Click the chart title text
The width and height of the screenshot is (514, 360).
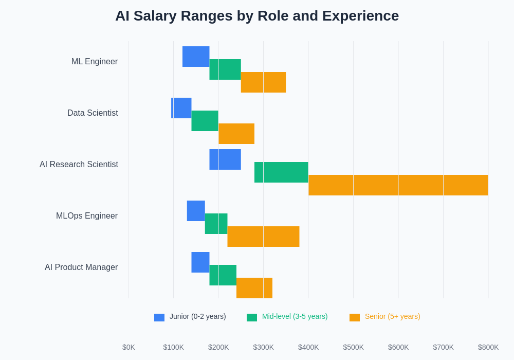[257, 16]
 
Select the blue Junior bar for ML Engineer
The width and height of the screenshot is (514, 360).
[196, 57]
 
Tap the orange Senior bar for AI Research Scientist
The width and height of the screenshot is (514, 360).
[398, 185]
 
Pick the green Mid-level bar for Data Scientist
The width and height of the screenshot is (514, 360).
[205, 121]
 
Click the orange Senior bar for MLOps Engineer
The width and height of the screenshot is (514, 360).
[263, 237]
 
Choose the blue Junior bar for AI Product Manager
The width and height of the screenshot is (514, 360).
[200, 262]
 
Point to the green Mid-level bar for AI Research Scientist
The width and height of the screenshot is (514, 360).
[281, 172]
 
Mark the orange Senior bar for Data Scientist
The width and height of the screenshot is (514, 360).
[236, 134]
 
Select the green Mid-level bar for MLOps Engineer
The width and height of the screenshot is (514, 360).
[216, 224]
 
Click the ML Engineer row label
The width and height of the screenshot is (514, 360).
[95, 62]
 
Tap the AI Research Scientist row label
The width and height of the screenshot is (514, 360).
[79, 165]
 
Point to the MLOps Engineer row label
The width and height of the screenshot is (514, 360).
[87, 216]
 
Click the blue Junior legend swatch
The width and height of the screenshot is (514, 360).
[159, 317]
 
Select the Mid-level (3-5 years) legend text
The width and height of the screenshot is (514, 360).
[295, 316]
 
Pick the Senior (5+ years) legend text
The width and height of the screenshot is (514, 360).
[392, 316]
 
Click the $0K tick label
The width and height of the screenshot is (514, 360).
[128, 347]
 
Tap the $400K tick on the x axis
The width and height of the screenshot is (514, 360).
[308, 347]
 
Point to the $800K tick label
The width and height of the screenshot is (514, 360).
[488, 347]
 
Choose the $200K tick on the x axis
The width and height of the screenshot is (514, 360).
[218, 347]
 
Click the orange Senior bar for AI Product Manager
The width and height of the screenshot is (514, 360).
[254, 288]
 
